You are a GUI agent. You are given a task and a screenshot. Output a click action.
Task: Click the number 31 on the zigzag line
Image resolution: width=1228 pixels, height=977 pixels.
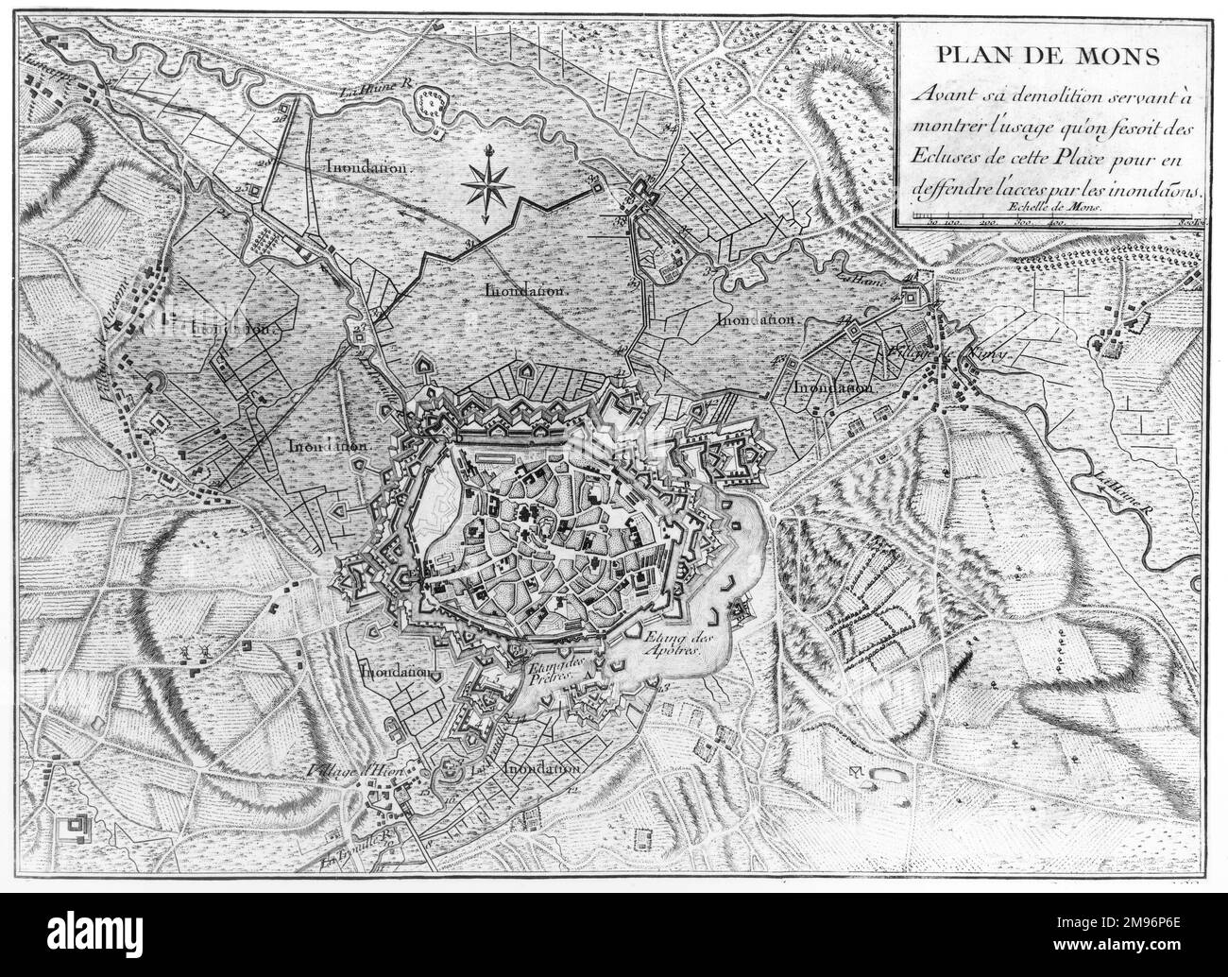tap(469, 245)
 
